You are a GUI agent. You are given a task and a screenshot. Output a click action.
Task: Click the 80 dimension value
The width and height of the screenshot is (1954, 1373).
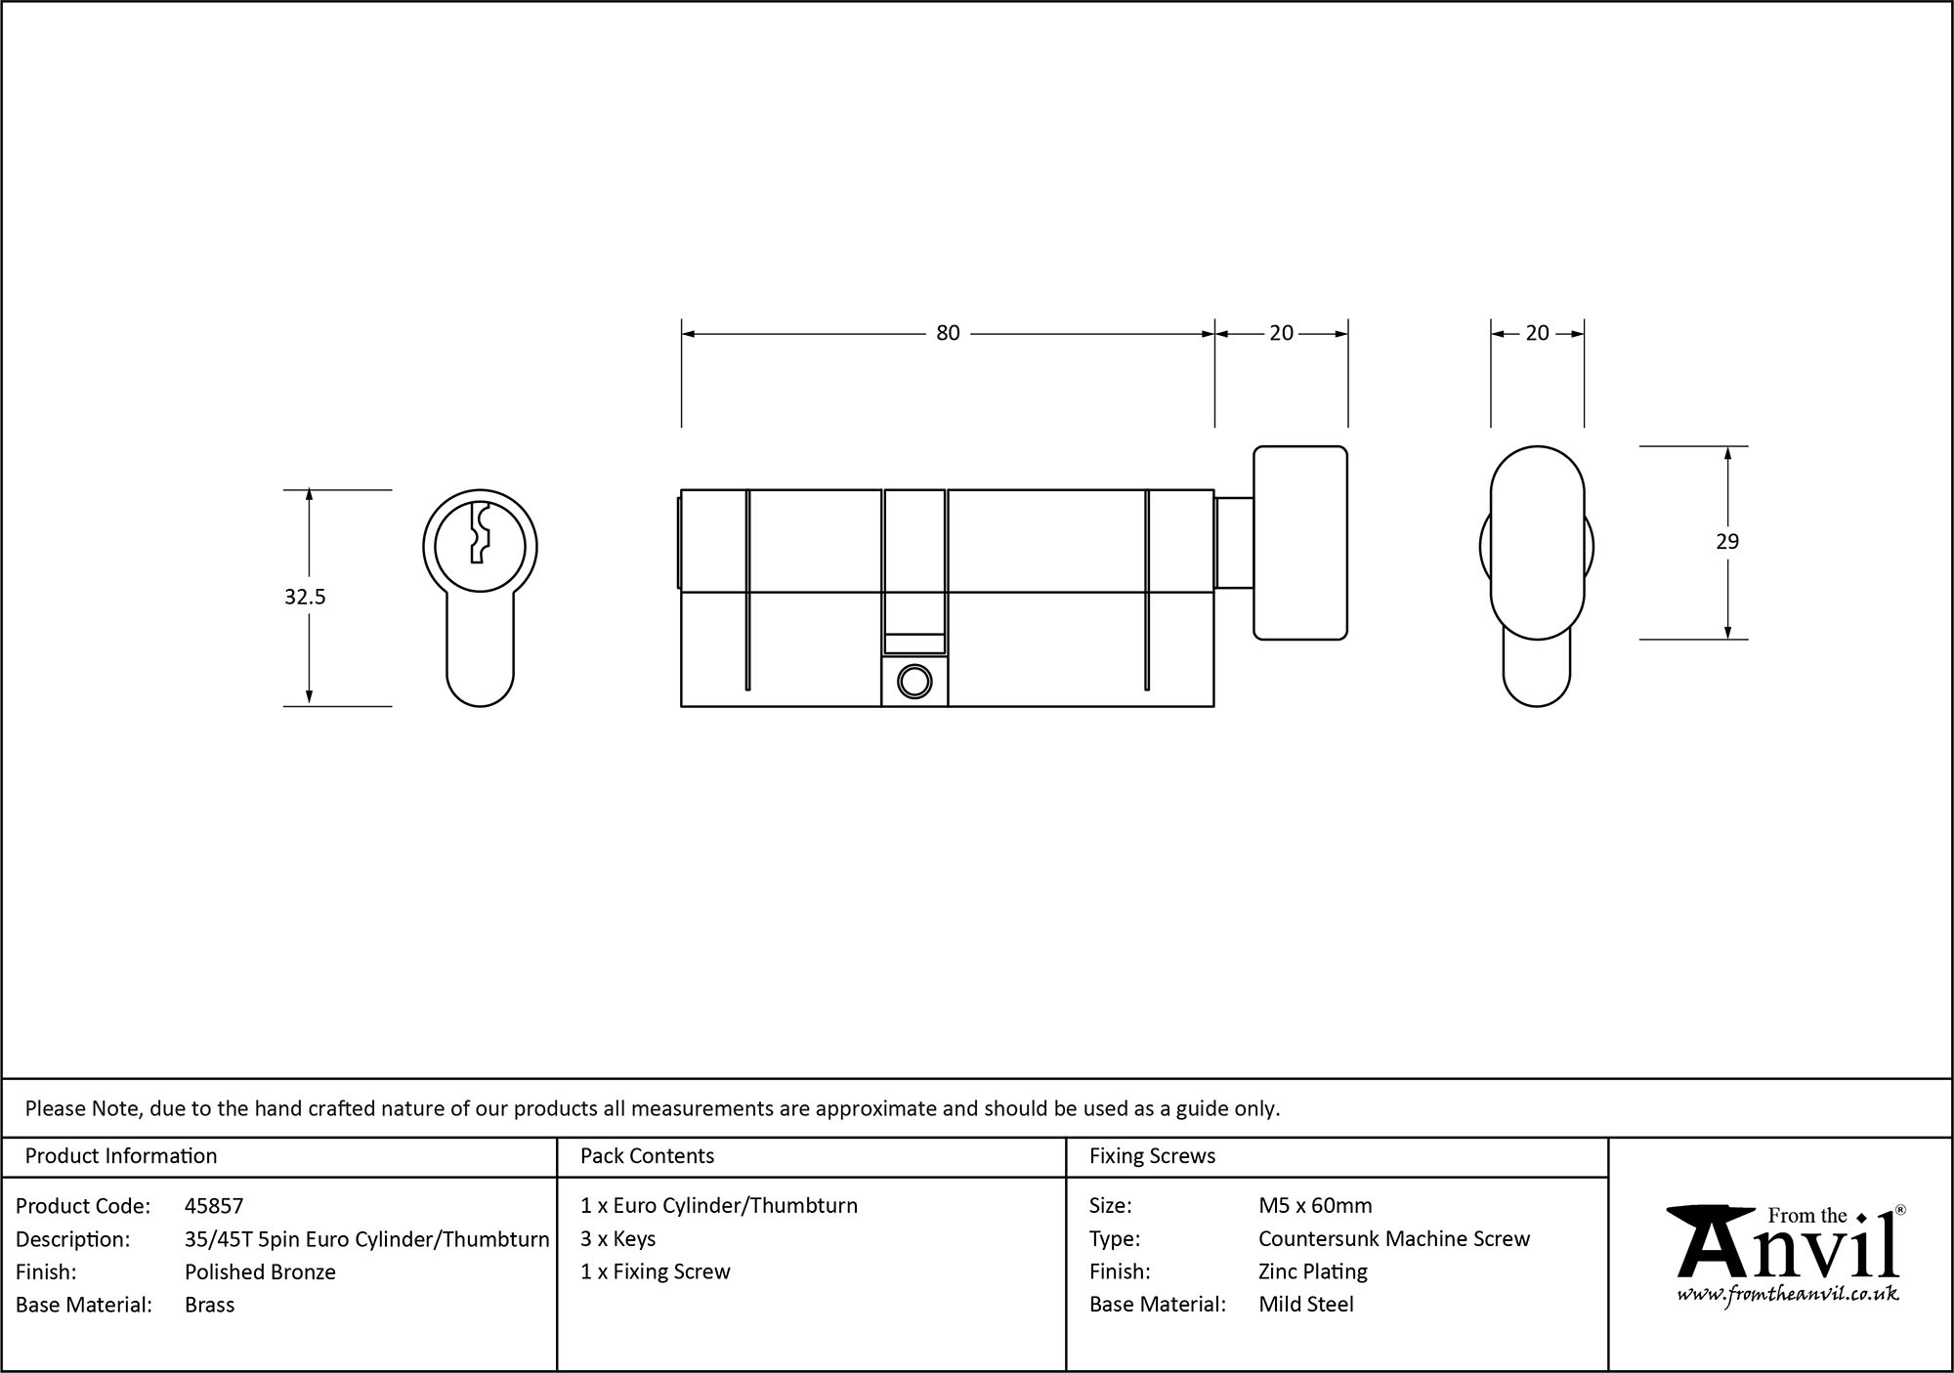point(948,333)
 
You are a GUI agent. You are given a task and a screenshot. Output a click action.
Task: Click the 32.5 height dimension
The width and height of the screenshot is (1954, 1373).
point(305,597)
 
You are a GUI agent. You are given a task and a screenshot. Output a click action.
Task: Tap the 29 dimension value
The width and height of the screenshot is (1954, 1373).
point(1727,541)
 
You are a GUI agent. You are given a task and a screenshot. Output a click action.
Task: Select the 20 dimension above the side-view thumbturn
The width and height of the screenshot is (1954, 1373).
point(1537,333)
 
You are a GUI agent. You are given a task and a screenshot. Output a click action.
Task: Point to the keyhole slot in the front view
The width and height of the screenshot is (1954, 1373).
point(478,533)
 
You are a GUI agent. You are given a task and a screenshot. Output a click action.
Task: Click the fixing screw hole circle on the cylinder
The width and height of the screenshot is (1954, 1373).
point(914,681)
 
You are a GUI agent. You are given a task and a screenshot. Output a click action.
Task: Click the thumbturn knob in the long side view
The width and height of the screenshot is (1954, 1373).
point(1300,543)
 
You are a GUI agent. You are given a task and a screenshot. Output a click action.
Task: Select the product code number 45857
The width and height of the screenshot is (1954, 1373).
point(214,1206)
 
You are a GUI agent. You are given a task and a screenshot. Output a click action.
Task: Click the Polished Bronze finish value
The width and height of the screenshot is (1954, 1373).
point(260,1271)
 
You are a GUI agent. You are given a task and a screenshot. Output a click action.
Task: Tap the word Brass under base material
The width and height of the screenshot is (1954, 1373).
point(209,1305)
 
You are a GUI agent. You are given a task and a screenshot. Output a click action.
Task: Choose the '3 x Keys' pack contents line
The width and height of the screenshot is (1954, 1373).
point(617,1238)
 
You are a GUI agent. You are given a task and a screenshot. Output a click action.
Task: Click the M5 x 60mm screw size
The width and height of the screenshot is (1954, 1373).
point(1315,1206)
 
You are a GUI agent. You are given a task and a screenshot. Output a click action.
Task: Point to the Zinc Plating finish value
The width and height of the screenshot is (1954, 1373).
point(1312,1271)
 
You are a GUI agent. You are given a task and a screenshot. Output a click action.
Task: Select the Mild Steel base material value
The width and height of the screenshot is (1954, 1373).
point(1305,1305)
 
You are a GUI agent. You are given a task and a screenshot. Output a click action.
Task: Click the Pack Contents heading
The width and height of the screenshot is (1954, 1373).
point(647,1156)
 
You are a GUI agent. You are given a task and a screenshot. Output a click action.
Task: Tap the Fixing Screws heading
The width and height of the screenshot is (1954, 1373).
point(1152,1156)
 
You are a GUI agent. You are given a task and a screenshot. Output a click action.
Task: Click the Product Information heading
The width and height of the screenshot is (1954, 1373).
point(121,1156)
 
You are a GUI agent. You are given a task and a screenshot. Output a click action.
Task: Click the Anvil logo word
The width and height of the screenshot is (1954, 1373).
point(1788,1250)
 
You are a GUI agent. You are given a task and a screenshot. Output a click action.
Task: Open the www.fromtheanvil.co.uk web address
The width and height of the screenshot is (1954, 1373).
point(1788,1294)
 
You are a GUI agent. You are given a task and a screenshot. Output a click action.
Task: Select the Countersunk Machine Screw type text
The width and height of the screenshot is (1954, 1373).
point(1394,1238)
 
